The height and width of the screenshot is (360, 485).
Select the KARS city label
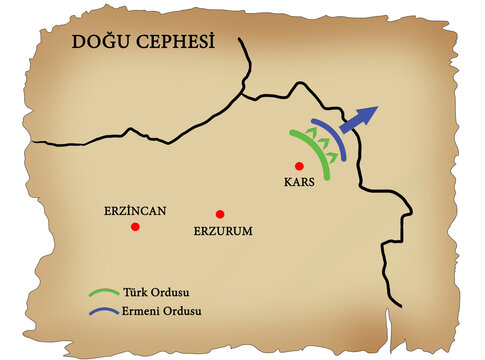[x=301, y=183]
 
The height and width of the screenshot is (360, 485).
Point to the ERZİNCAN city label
[x=134, y=211]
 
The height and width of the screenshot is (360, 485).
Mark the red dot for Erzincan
[x=135, y=227]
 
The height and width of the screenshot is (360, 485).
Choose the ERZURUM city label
[x=222, y=231]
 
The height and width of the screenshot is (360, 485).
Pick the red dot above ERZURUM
[x=219, y=214]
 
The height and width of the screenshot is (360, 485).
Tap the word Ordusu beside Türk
[x=171, y=293]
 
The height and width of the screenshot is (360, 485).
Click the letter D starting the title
[x=77, y=44]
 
